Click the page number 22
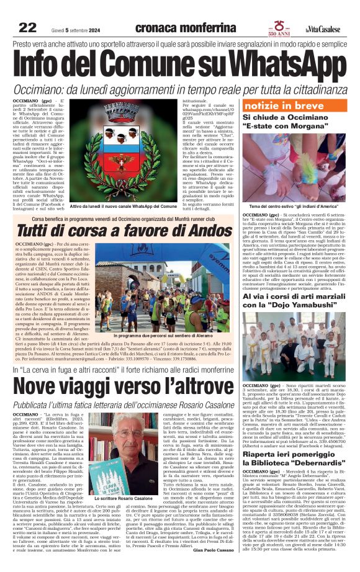[27, 27]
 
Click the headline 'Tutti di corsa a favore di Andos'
[115, 230]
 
